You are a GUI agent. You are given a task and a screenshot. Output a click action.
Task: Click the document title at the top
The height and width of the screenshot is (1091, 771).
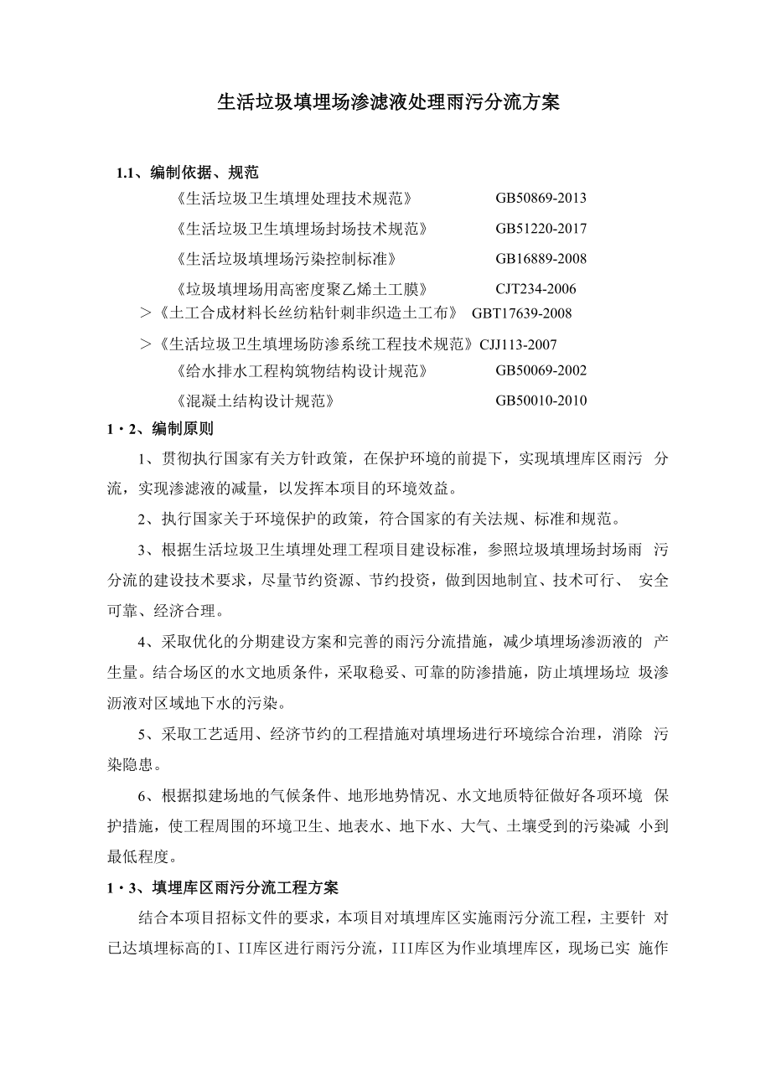(x=388, y=103)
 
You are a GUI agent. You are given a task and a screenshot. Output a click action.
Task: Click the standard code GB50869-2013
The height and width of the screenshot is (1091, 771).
(x=541, y=199)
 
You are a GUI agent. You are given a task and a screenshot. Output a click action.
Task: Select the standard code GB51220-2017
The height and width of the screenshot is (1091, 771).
(x=541, y=229)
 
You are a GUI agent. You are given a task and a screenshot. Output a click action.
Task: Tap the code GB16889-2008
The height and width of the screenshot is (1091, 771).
(x=541, y=258)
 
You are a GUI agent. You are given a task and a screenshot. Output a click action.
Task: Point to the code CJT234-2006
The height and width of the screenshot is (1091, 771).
(x=536, y=289)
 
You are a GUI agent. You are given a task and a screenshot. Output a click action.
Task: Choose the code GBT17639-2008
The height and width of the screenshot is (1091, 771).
(x=521, y=313)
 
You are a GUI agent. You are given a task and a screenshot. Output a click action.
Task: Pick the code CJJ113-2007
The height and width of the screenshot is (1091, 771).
(x=518, y=344)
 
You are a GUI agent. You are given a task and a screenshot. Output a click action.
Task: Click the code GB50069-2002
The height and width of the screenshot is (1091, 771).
(x=541, y=370)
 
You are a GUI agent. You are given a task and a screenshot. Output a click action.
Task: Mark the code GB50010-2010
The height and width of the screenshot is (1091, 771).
(x=541, y=401)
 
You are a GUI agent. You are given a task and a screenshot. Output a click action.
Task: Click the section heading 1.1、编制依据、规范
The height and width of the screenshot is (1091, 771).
(x=188, y=173)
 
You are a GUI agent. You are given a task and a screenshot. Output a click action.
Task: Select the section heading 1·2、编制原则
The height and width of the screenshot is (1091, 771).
(x=160, y=429)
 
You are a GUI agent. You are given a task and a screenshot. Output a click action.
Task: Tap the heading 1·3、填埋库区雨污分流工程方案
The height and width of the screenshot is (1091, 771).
(x=223, y=887)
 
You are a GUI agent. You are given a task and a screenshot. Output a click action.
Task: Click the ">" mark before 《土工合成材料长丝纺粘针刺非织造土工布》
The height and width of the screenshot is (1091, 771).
(x=144, y=313)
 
